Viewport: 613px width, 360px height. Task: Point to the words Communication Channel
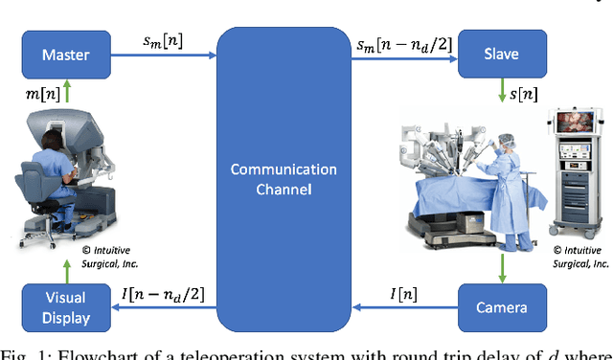point(284,179)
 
